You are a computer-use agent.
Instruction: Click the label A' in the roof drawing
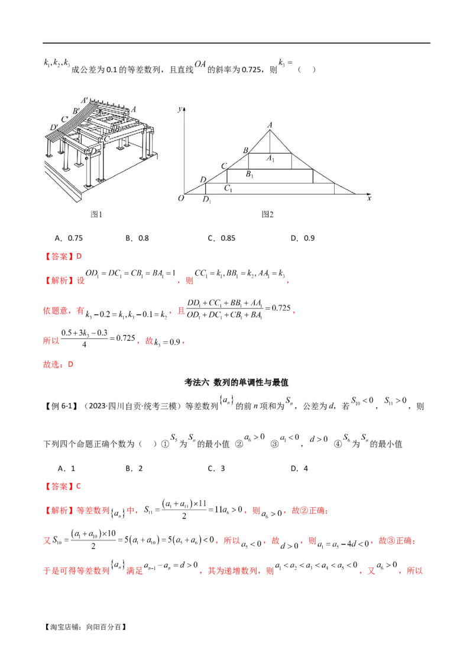coord(86,99)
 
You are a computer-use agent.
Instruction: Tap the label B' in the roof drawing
coord(76,111)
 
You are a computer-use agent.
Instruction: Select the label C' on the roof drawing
coord(65,118)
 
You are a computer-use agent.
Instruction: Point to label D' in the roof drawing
coord(54,127)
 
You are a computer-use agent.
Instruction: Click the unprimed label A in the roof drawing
coord(134,109)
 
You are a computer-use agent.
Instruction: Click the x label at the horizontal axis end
coord(369,199)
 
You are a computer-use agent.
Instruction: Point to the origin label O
coord(180,199)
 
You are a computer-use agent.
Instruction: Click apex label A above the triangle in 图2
coord(270,124)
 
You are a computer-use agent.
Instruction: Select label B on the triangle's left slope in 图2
coord(245,150)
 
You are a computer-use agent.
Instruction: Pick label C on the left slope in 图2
coord(224,166)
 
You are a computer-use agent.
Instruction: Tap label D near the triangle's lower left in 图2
coord(203,179)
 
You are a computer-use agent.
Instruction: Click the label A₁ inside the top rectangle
coord(270,159)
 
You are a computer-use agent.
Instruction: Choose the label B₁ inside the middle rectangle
coord(250,175)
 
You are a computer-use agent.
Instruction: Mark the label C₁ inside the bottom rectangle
coord(228,188)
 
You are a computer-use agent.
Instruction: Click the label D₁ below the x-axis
coord(206,200)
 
